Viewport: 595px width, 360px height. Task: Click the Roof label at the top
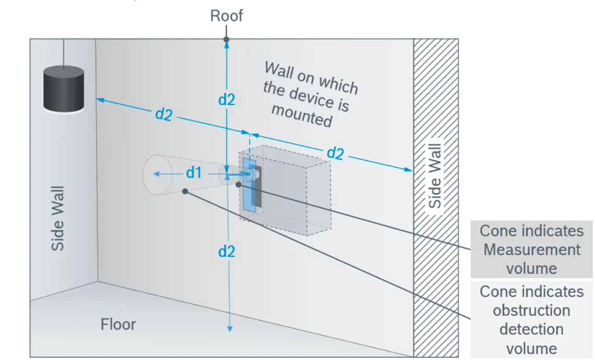point(227,16)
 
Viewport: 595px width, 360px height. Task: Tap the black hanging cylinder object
point(64,89)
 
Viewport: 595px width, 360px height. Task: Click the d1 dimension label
point(194,173)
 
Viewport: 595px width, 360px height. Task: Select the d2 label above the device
point(227,99)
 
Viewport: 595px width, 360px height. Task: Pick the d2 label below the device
point(227,251)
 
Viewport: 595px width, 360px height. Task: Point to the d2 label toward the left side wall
point(163,114)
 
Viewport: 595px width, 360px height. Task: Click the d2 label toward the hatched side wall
point(335,153)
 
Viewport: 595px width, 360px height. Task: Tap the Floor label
point(118,325)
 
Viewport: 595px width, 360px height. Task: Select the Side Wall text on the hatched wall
point(435,176)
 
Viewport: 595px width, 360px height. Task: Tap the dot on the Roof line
point(227,40)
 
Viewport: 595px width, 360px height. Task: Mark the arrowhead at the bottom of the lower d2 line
point(229,328)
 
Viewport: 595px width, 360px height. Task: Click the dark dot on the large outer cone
point(185,191)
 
